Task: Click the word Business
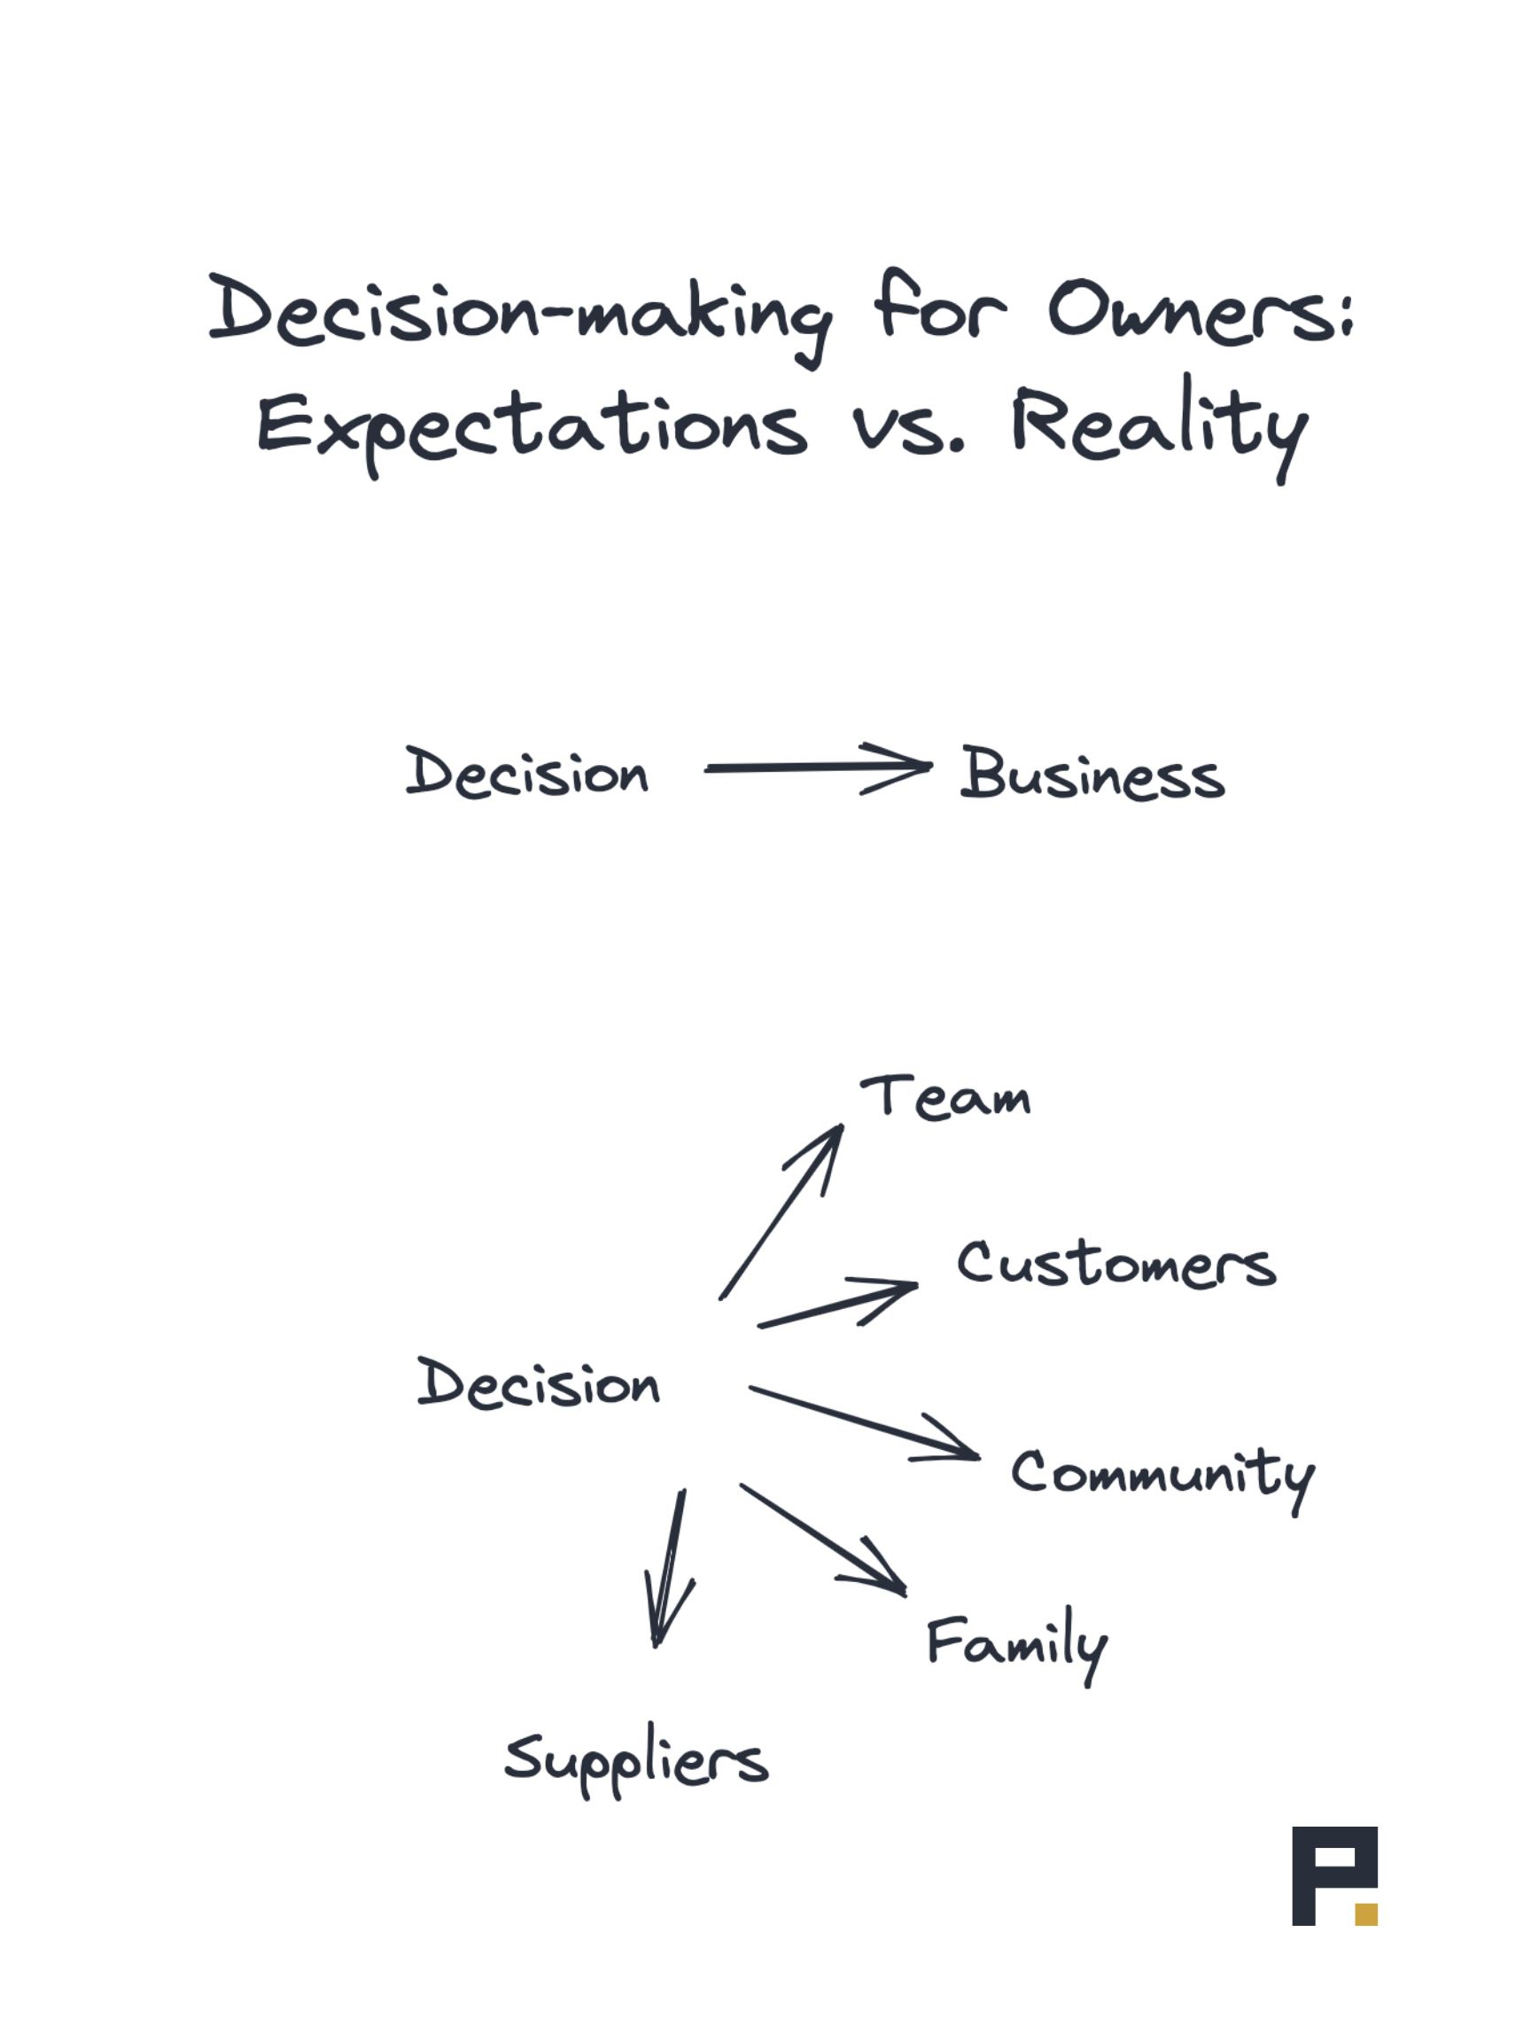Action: coord(1092,774)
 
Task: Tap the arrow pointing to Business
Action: coord(817,768)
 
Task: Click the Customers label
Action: coord(1115,1264)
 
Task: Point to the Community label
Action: coord(1162,1474)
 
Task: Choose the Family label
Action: coord(1016,1643)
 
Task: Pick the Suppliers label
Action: coord(636,1758)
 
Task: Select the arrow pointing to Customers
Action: coord(838,1305)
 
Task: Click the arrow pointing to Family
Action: coord(823,1539)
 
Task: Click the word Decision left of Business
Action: coord(527,772)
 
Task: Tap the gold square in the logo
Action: coord(1366,1913)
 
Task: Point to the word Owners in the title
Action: coord(1200,311)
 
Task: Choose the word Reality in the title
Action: coord(1159,425)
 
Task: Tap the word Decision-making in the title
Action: coord(519,312)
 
